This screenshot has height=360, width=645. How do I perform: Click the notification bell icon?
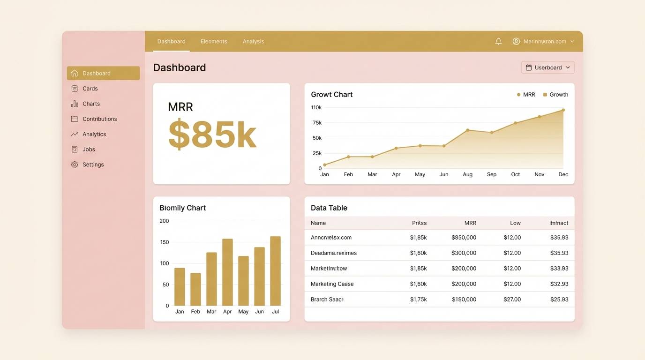coord(498,41)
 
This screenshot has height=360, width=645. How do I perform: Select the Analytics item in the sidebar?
coord(94,134)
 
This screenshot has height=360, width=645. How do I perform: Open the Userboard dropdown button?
coord(547,67)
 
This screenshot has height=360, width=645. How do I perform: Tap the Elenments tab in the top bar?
coord(214,41)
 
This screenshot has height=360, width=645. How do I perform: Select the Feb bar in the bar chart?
coord(195,289)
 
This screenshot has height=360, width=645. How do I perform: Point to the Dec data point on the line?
coord(563,110)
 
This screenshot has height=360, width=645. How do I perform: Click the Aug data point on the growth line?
coord(467,130)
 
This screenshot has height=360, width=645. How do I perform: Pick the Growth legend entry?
coord(555,95)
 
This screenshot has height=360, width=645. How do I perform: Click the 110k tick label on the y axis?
coord(316,107)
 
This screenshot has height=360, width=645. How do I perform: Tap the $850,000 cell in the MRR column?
coord(464,238)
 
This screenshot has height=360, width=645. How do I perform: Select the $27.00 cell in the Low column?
coord(512,300)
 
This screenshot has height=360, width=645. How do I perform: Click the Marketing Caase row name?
coord(332,284)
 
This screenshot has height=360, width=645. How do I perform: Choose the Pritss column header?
coord(419,223)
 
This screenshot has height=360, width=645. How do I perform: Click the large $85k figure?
coord(212,135)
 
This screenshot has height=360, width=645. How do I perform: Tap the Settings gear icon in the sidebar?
coord(75,165)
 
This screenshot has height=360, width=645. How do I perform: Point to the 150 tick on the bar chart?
coord(164,242)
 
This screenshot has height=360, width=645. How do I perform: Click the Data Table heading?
coord(329,208)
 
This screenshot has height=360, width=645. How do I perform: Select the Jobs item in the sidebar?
coord(89,150)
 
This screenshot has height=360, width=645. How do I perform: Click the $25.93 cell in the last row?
coord(559,300)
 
